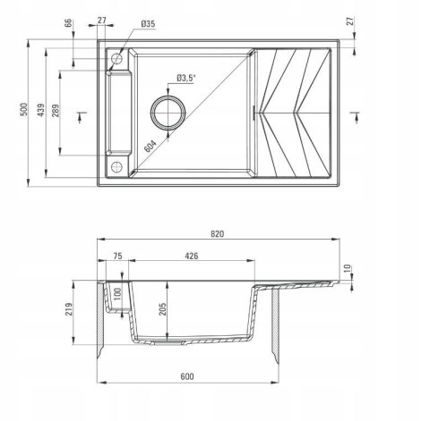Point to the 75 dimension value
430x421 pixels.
tap(117, 256)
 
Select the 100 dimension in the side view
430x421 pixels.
tap(115, 296)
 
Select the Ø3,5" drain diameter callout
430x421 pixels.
tap(186, 79)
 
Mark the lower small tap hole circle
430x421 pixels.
tap(116, 167)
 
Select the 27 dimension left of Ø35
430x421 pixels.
tap(102, 21)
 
